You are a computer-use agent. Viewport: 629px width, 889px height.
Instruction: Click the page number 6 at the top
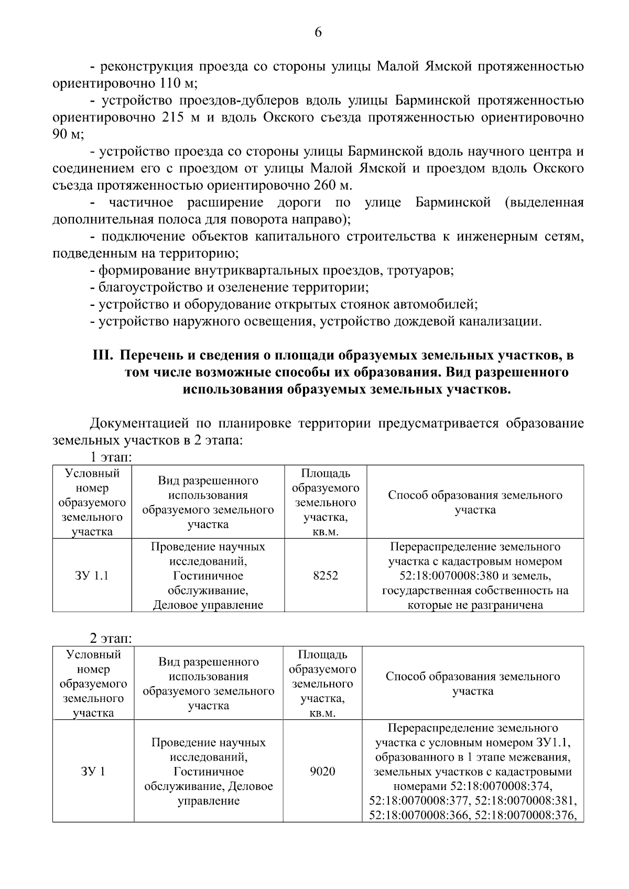[318, 32]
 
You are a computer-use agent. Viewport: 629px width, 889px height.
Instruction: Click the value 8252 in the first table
[325, 576]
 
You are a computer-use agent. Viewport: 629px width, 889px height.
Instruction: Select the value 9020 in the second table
[322, 771]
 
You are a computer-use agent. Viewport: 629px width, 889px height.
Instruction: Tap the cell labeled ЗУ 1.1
[92, 576]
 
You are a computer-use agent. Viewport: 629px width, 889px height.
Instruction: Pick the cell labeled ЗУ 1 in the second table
[93, 771]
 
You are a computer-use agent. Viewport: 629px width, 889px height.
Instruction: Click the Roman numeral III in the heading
[103, 356]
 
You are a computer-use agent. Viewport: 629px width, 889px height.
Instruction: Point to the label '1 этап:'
[111, 457]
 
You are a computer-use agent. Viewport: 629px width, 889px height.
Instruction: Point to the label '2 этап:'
[111, 639]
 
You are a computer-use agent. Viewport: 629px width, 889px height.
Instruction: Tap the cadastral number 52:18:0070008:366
[420, 816]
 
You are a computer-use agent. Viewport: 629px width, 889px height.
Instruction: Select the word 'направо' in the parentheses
[321, 219]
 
